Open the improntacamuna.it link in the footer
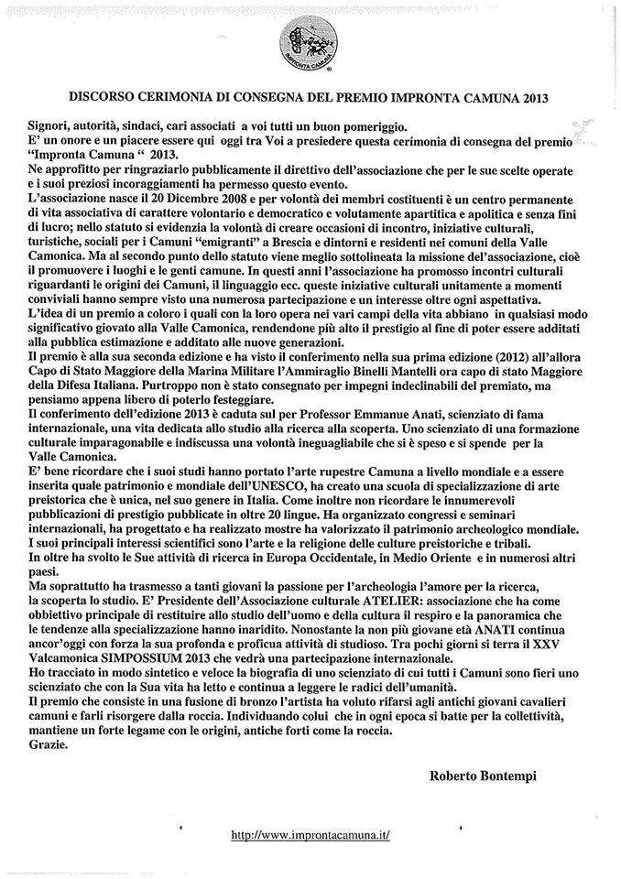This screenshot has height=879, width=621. tap(310, 834)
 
